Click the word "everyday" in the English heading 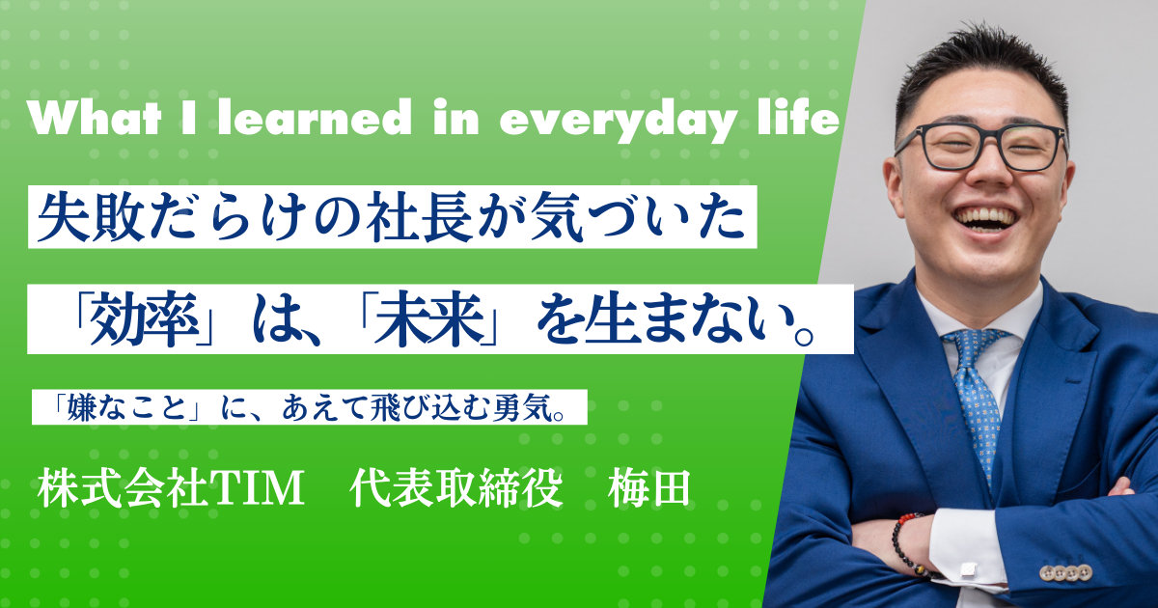(x=617, y=122)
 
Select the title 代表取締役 (x=456, y=488)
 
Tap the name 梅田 (x=648, y=488)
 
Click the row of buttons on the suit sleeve (x=1066, y=571)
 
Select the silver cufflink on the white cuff (x=968, y=570)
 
